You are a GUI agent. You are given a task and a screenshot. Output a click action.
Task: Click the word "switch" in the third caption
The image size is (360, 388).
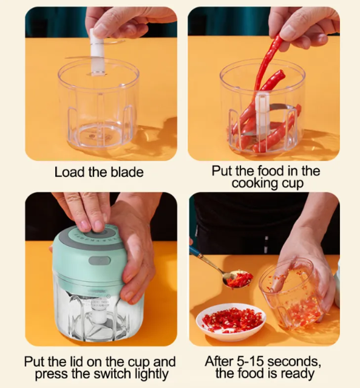pyautogui.click(x=115, y=373)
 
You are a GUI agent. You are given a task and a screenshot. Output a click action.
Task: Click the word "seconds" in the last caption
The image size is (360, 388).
pyautogui.click(x=294, y=361)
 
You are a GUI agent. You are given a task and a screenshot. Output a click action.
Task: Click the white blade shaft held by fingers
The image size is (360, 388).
pyautogui.click(x=96, y=53)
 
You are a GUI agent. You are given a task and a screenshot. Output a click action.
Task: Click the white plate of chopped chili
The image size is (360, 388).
pyautogui.click(x=231, y=322)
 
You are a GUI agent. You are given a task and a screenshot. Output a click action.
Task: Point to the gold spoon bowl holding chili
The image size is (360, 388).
pyautogui.click(x=237, y=278)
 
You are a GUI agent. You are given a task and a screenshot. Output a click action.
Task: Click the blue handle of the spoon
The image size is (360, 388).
pyautogui.click(x=196, y=253)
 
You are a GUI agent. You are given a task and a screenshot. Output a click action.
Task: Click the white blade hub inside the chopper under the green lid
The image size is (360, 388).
pyautogui.click(x=100, y=315)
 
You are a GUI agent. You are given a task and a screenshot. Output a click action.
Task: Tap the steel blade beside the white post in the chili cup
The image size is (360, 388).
pyautogui.click(x=282, y=107)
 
